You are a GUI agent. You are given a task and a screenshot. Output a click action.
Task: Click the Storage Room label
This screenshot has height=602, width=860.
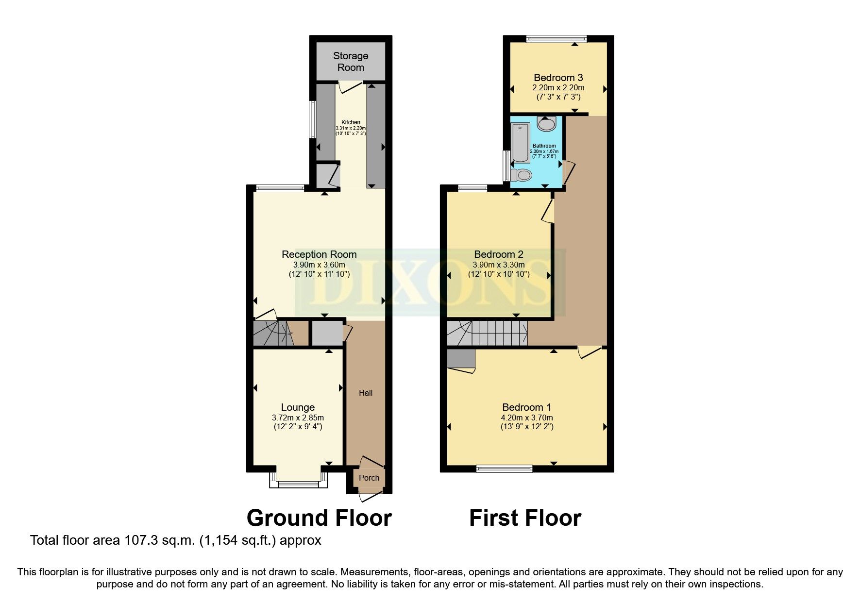click(x=350, y=62)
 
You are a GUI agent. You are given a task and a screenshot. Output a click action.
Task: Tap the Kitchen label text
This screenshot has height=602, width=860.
click(x=351, y=122)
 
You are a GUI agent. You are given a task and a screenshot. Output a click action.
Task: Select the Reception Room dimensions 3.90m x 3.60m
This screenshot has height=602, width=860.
click(x=319, y=265)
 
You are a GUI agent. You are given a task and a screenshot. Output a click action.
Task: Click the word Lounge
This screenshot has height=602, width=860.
click(x=298, y=407)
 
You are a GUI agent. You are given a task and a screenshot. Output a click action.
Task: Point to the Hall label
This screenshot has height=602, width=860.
click(x=366, y=393)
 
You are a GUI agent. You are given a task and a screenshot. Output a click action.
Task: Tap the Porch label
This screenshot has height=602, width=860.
click(x=369, y=478)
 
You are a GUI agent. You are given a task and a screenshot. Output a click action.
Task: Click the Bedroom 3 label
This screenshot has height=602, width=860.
click(x=558, y=78)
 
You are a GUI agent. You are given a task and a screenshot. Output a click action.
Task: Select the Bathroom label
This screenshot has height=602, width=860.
click(x=544, y=146)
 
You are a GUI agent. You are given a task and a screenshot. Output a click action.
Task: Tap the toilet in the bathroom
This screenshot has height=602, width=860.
click(x=522, y=175)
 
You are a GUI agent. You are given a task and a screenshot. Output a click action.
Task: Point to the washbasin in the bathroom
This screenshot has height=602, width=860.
click(x=547, y=124)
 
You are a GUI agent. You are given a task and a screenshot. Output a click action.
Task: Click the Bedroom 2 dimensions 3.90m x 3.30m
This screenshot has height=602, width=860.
click(x=498, y=265)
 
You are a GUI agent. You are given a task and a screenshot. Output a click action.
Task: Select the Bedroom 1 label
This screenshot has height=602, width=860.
click(x=526, y=407)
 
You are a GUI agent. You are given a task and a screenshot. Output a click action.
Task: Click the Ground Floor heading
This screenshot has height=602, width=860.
click(x=319, y=518)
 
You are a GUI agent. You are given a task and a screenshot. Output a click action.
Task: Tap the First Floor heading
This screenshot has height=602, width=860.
click(x=525, y=518)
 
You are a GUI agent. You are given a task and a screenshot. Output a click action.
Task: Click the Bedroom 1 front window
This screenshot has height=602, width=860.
click(x=504, y=468)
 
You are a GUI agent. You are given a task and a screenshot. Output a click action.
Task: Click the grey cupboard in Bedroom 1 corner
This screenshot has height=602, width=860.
click(x=461, y=358)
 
